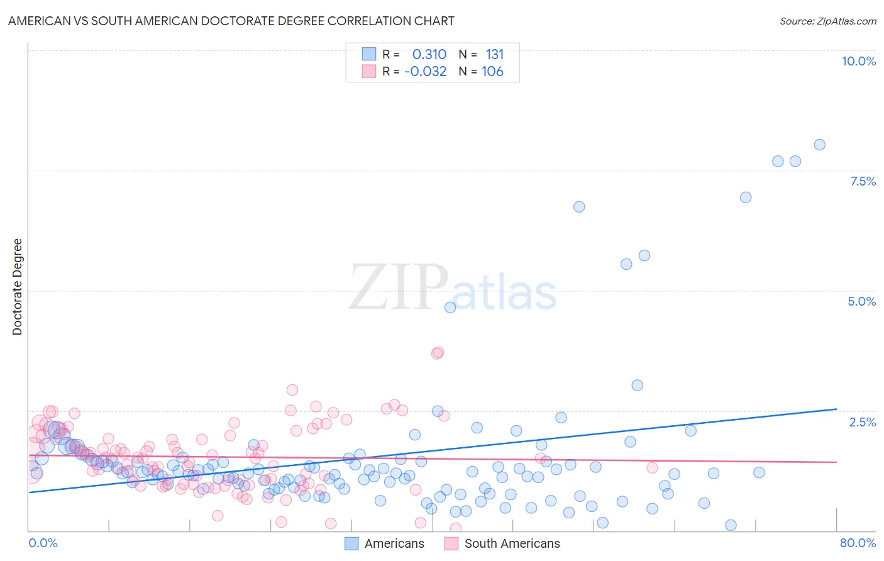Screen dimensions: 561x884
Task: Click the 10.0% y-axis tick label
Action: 858,61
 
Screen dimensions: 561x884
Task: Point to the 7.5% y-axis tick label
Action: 863,181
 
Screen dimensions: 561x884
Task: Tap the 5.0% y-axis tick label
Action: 861,301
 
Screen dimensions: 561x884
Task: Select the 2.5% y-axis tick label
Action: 863,422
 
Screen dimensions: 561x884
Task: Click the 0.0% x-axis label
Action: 43,543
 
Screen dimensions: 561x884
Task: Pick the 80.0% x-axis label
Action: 858,543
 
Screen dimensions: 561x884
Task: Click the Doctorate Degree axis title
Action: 17,287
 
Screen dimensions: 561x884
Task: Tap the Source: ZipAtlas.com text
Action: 827,21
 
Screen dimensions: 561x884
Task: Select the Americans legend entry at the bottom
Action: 394,543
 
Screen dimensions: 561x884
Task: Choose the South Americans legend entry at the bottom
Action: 511,543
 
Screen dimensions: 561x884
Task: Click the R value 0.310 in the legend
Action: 429,54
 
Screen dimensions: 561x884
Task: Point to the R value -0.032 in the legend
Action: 426,71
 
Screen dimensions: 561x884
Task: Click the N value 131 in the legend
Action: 495,54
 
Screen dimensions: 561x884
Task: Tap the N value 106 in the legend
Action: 492,71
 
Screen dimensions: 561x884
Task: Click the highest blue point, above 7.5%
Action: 819,145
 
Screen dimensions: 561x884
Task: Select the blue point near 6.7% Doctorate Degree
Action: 579,207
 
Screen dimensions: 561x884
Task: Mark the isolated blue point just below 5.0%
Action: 450,308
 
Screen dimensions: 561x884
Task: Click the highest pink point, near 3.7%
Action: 438,352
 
